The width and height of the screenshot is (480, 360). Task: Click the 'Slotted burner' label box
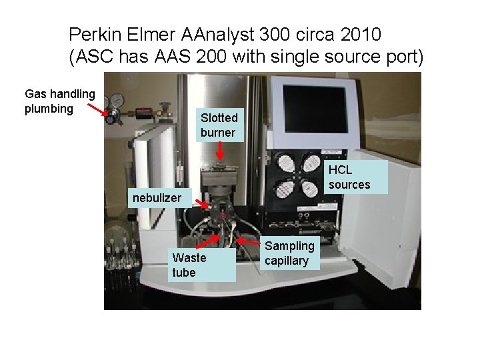[217, 125]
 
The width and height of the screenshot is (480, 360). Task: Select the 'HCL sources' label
[349, 177]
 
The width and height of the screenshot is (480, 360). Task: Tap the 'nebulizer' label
[157, 197]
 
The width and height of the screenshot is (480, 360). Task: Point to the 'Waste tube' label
[189, 265]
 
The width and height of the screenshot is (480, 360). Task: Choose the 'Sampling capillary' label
[287, 253]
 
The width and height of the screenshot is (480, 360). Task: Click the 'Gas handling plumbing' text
[60, 101]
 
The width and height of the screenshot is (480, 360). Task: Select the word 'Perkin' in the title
[91, 33]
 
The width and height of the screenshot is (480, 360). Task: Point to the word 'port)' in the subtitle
[404, 57]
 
